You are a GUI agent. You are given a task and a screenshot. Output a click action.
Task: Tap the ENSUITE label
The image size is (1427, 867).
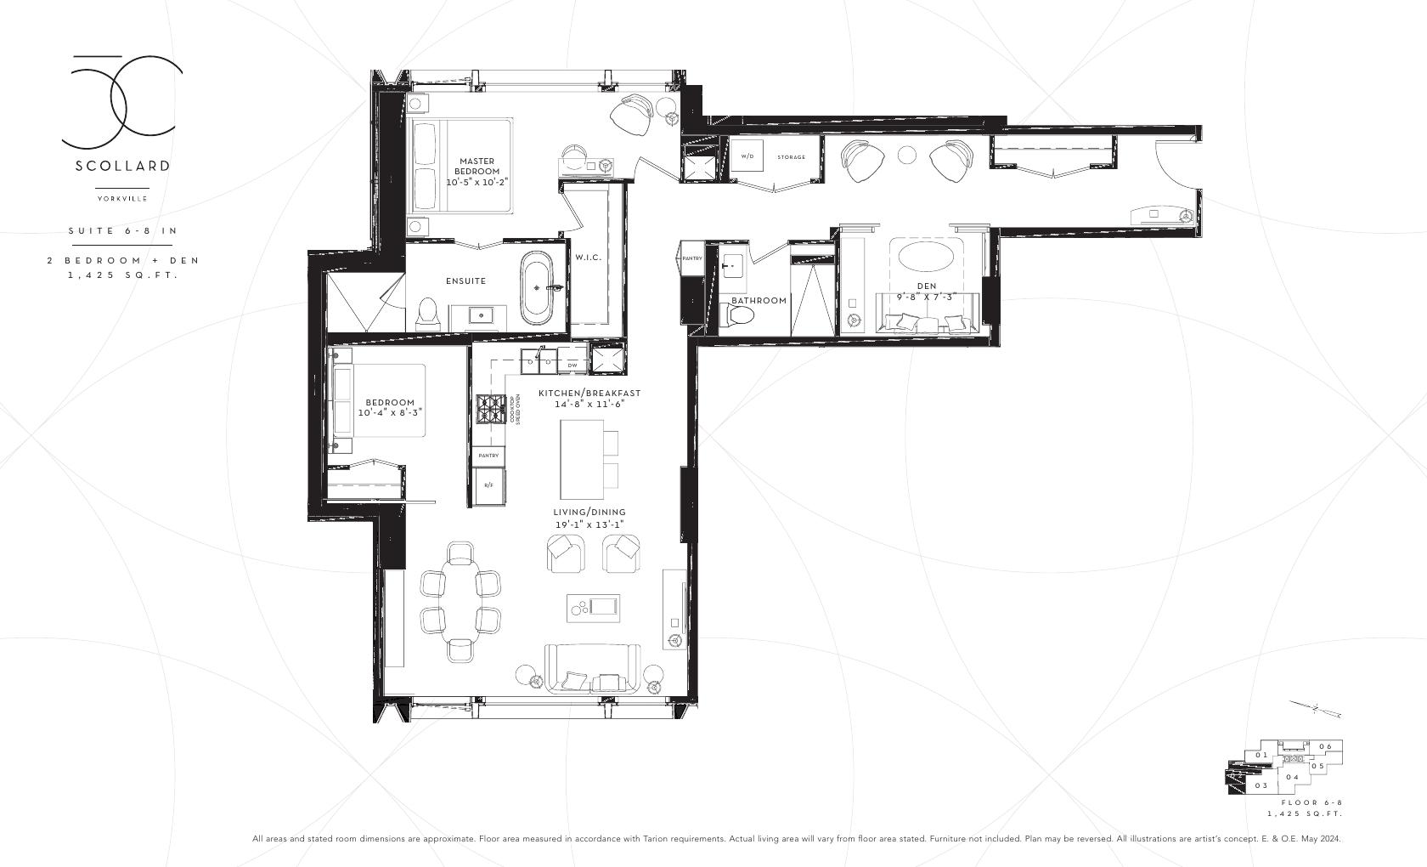coord(465,280)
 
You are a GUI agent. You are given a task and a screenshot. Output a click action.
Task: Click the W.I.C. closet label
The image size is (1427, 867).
coord(588,258)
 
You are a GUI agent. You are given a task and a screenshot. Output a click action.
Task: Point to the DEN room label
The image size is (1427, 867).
coord(926,286)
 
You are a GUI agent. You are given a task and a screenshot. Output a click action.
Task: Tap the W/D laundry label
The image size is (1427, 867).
coord(747,156)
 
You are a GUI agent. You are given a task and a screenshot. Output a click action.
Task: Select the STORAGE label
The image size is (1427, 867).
coord(791,157)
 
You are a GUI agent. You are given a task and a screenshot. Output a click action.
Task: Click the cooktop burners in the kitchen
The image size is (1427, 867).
coord(490,409)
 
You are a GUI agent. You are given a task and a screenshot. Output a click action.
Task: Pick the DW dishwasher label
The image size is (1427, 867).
coord(572,365)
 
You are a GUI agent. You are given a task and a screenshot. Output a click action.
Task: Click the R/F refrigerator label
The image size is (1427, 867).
coord(488,484)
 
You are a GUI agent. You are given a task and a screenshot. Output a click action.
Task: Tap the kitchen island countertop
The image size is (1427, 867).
coord(581,460)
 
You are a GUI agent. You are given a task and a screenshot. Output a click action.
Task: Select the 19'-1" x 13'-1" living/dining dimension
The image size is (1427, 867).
coord(589,524)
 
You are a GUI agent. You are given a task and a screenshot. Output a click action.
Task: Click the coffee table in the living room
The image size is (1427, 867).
coord(594,607)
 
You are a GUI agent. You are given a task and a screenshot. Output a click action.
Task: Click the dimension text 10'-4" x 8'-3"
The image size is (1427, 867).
coord(390,412)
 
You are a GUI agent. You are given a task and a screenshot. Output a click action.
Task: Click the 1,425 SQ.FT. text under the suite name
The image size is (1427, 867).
coord(122,275)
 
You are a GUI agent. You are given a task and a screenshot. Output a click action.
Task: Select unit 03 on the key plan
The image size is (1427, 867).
coord(1261,785)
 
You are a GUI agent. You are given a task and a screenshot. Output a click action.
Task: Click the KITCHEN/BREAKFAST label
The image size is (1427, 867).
coord(589,394)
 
